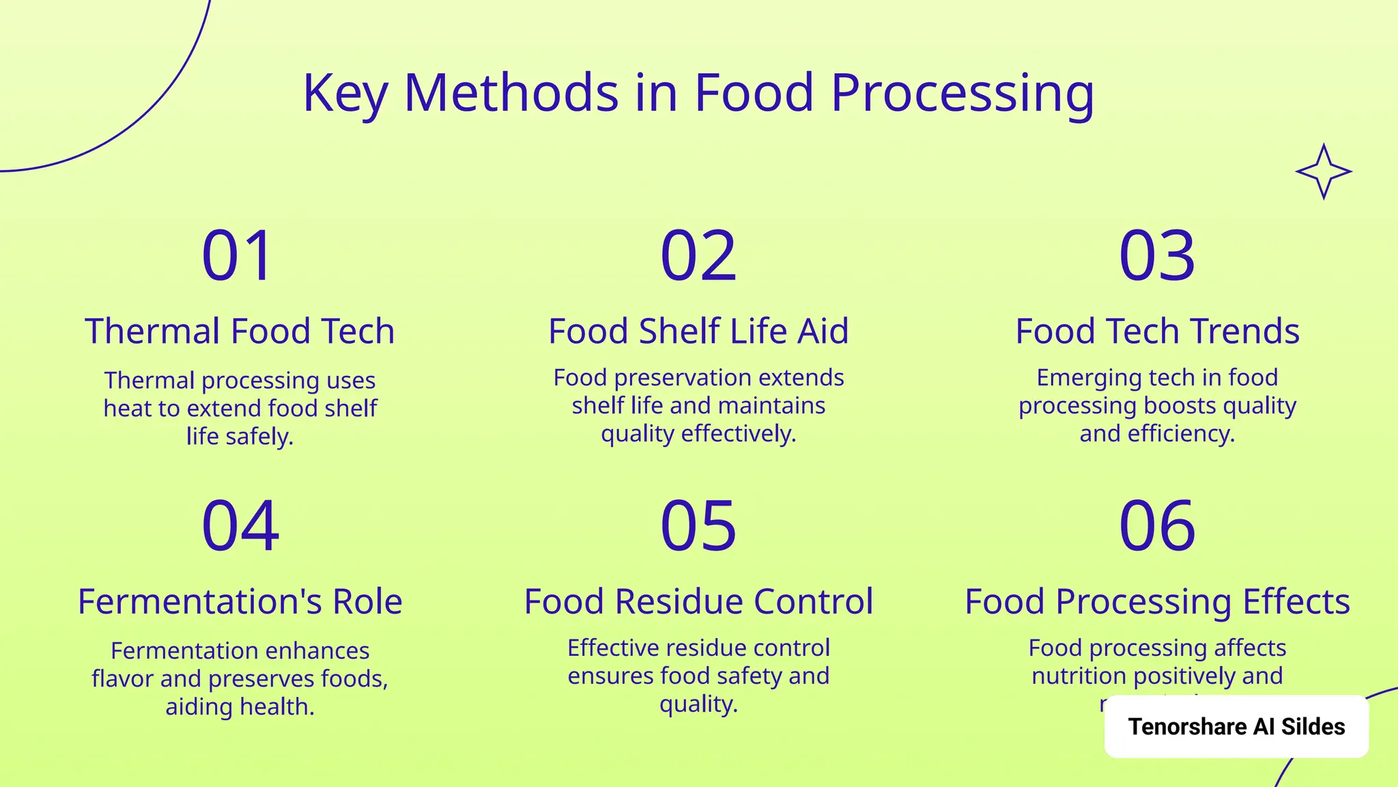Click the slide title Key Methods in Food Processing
698,93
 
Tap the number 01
238,256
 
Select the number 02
698,256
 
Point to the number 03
1157,256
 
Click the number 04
240,525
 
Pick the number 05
698,525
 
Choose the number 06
1157,525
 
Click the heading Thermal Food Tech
240,331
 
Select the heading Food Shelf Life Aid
698,331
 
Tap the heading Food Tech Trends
1157,331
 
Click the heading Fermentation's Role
240,602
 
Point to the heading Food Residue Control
698,602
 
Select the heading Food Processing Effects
1157,602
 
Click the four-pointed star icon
1324,171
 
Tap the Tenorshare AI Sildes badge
1236,726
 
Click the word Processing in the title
962,94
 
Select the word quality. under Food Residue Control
698,704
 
